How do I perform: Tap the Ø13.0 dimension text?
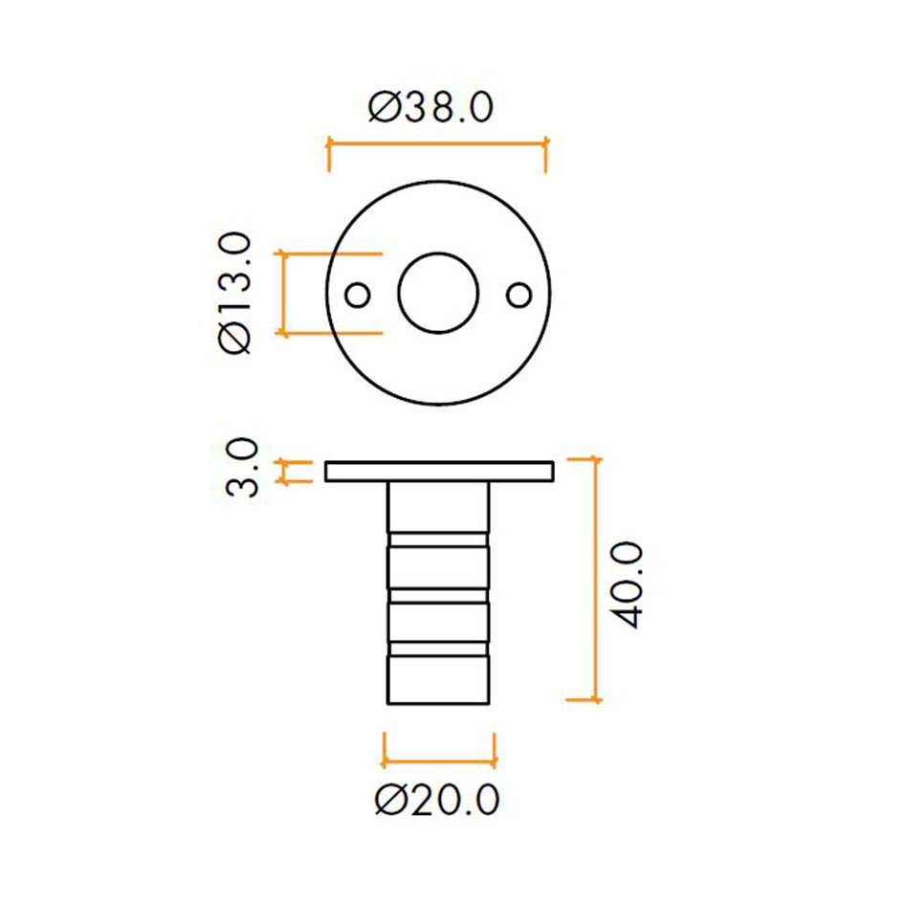pyautogui.click(x=235, y=294)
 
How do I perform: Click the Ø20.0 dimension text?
pyautogui.click(x=437, y=800)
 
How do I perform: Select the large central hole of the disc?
pyautogui.click(x=438, y=294)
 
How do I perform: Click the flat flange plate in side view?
pyautogui.click(x=439, y=472)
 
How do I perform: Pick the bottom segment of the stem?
pyautogui.click(x=438, y=680)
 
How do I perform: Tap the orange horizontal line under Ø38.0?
pyautogui.click(x=437, y=143)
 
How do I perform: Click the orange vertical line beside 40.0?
pyautogui.click(x=597, y=580)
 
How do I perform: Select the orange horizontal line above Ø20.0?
pyautogui.click(x=438, y=762)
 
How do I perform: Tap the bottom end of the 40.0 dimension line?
pyautogui.click(x=597, y=699)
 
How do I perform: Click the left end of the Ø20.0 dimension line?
pyautogui.click(x=385, y=762)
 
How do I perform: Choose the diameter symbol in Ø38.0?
pyautogui.click(x=384, y=108)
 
